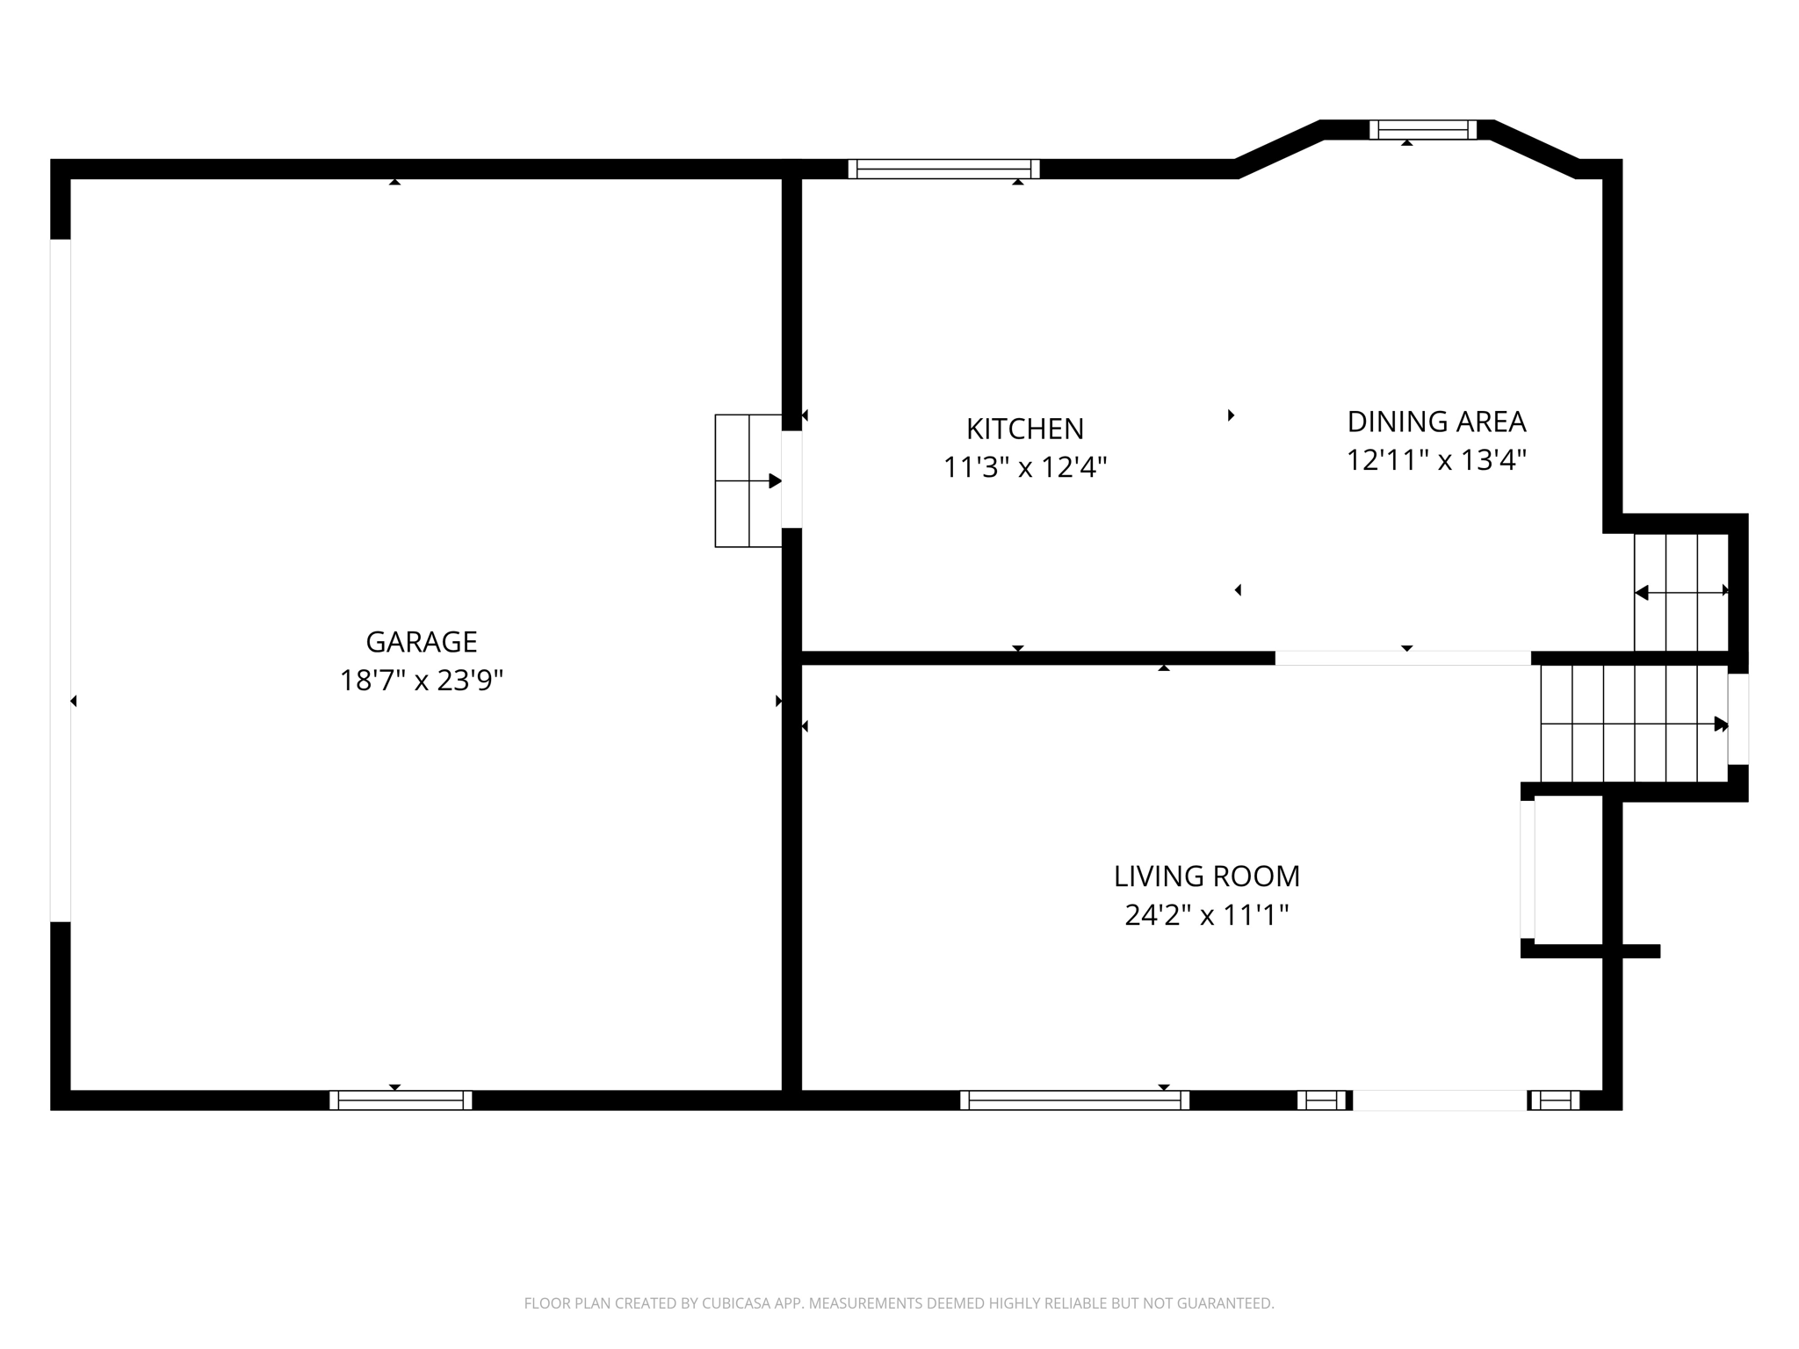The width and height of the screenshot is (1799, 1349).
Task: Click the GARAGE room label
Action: (x=421, y=642)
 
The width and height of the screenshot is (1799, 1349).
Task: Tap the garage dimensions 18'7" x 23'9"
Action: (x=421, y=681)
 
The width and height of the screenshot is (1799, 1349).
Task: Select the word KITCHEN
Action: (x=1024, y=429)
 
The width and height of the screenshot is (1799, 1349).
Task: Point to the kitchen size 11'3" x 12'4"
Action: (x=1024, y=467)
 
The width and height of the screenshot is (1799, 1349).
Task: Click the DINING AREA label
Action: (x=1436, y=422)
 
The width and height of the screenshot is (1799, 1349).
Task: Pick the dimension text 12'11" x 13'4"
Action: (x=1436, y=460)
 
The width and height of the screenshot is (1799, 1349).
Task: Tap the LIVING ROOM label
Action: (x=1206, y=876)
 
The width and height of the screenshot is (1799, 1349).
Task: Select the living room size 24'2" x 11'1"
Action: (x=1206, y=915)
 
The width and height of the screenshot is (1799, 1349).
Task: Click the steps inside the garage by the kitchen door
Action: (x=748, y=480)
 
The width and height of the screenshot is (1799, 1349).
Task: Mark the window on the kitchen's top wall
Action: (x=943, y=169)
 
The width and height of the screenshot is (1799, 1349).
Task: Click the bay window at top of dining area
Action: (x=1423, y=130)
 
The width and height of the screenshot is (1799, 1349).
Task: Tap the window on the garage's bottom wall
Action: (x=401, y=1100)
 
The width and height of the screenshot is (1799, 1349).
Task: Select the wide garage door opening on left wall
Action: (x=60, y=580)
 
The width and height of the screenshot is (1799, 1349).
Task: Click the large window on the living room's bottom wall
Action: (x=1073, y=1100)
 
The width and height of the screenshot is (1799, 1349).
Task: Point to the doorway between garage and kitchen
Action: (x=791, y=480)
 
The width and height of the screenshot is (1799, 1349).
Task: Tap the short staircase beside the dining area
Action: (x=1680, y=592)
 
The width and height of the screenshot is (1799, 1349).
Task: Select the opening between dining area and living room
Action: (x=1402, y=658)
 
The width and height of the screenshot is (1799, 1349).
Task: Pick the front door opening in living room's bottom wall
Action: (x=1439, y=1100)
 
